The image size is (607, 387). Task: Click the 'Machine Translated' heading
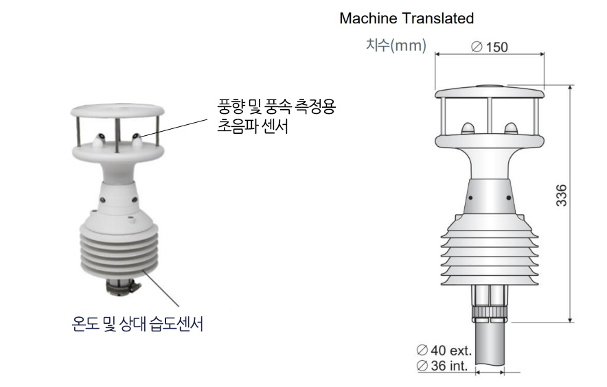click(406, 19)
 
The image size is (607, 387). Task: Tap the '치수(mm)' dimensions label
click(396, 45)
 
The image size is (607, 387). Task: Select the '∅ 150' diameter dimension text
click(490, 47)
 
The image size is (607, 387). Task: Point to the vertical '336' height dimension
click(561, 196)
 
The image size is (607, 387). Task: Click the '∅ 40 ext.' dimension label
click(444, 350)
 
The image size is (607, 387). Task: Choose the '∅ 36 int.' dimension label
click(442, 365)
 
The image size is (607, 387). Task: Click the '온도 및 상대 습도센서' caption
click(137, 324)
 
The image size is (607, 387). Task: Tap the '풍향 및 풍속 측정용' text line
click(276, 106)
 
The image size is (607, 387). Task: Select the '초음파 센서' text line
click(253, 126)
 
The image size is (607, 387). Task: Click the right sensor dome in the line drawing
click(511, 129)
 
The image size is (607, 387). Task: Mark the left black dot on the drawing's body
click(470, 198)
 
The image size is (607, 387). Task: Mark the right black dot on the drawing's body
click(509, 198)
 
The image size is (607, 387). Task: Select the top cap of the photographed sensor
click(117, 110)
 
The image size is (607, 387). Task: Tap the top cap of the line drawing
click(490, 92)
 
